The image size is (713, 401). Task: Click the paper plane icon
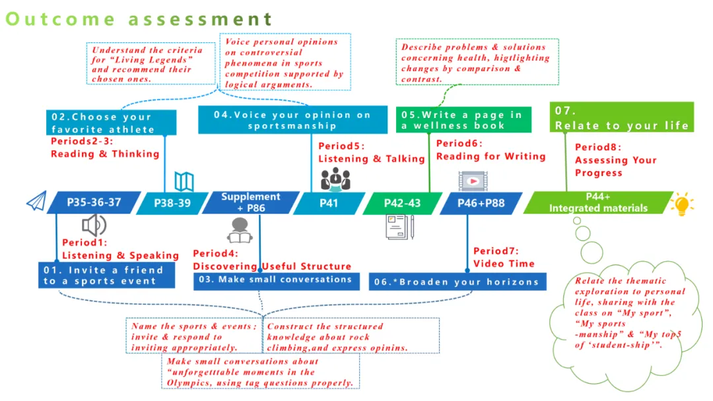[36, 201]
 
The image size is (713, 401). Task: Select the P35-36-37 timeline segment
[94, 202]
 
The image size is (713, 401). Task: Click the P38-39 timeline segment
[172, 203]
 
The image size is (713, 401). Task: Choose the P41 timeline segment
[328, 203]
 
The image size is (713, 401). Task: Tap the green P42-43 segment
[402, 203]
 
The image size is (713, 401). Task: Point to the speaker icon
[94, 226]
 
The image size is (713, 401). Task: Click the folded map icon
[184, 181]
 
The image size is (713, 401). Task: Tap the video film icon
[472, 181]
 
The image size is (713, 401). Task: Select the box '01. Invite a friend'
[106, 275]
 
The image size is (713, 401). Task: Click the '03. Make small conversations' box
[277, 280]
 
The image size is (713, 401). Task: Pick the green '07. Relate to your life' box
[621, 117]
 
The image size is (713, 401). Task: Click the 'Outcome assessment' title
[139, 18]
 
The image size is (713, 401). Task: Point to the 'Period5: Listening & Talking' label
[372, 152]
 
